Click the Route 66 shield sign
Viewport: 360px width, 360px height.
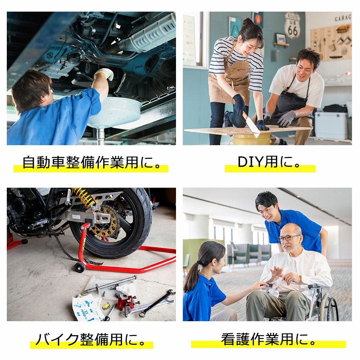292,26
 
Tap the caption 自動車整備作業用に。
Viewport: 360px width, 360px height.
92,162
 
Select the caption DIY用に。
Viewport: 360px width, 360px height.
269,162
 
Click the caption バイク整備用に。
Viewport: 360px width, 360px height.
91,339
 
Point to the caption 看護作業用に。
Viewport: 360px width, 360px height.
268,339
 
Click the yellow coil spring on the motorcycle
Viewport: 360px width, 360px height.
83,196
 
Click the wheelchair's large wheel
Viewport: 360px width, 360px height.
329,308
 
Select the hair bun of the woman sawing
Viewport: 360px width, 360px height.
248,22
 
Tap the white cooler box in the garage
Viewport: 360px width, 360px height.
331,125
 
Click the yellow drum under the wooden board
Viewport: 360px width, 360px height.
252,140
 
